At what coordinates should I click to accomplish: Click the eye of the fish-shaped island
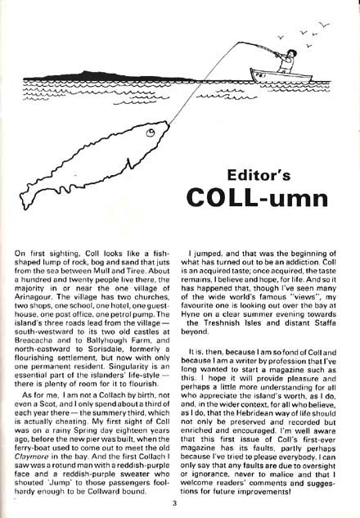[x=151, y=132]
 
